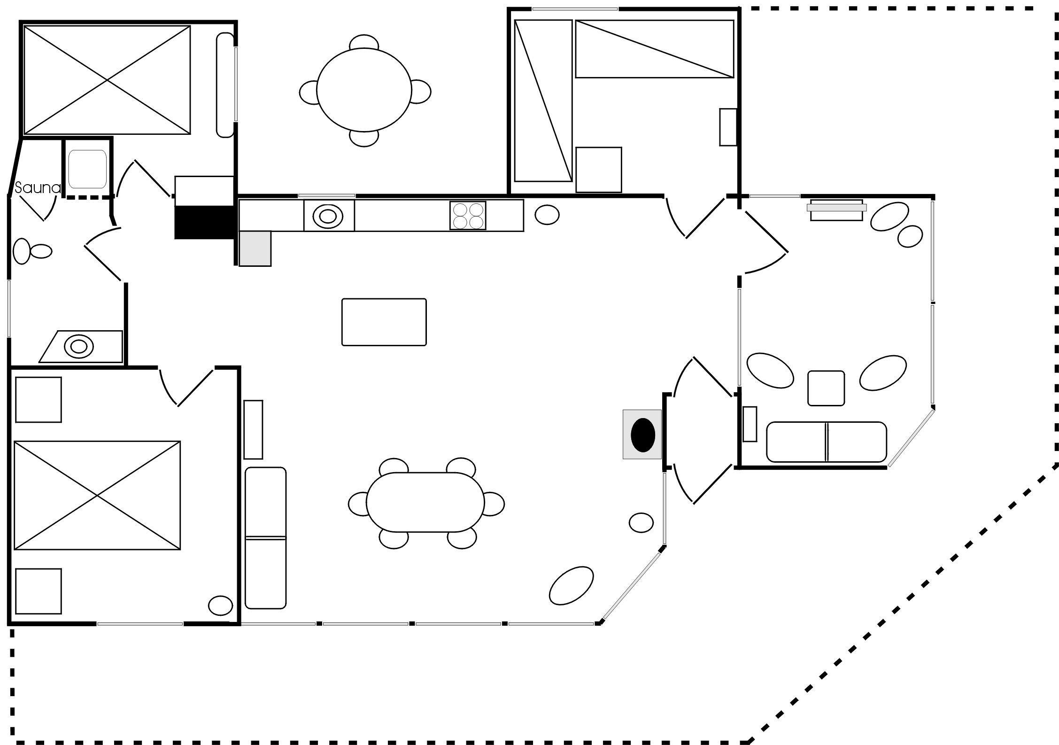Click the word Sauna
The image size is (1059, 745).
pos(38,188)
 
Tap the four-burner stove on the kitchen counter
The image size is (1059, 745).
pos(467,216)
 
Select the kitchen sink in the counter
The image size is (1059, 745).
pos(328,216)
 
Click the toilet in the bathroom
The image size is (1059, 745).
pos(32,251)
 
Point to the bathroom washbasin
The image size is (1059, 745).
pos(78,346)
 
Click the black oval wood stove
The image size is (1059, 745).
pos(642,435)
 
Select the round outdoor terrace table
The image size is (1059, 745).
pos(364,90)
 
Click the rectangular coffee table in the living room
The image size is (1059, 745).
pos(384,322)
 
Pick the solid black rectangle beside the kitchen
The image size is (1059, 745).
pos(204,222)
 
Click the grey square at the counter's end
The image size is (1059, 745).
pos(255,248)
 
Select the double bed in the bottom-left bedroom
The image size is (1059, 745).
pos(97,495)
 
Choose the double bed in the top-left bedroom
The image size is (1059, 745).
pos(107,80)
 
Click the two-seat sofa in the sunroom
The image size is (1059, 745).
pos(826,442)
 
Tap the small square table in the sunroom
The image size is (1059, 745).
pos(826,388)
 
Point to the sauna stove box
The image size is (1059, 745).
pos(87,169)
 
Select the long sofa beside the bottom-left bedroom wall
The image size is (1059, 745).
pos(265,538)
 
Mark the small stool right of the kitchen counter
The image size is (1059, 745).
pos(547,215)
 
